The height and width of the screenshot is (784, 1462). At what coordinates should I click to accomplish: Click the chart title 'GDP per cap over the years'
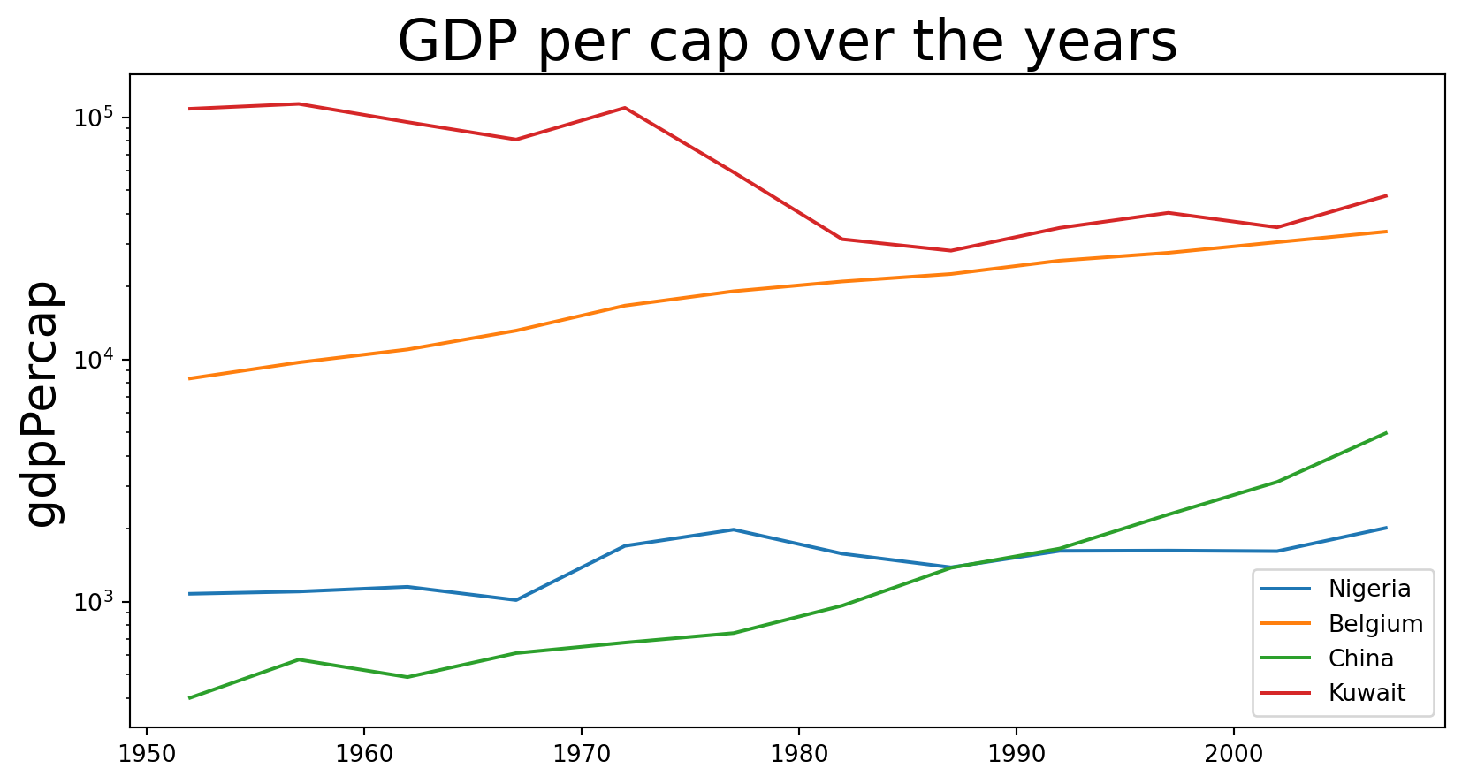point(787,41)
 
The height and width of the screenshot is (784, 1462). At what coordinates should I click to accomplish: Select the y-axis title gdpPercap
point(42,404)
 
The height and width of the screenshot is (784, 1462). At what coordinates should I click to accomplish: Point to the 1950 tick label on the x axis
point(147,757)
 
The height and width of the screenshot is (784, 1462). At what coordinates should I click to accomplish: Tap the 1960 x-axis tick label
point(364,757)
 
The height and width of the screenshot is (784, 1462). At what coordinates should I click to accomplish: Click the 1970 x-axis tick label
point(582,757)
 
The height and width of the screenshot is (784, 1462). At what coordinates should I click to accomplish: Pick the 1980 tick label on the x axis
point(799,757)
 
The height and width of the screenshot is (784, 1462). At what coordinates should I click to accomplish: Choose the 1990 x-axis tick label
point(1017,757)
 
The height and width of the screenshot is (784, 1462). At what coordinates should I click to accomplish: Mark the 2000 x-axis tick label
point(1234,757)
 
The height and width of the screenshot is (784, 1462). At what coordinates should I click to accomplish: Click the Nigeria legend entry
point(1369,589)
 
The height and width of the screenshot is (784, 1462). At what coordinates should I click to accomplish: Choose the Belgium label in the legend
point(1375,624)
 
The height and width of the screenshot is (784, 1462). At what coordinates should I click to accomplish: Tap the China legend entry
point(1360,658)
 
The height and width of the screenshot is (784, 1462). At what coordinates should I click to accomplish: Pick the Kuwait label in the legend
point(1367,693)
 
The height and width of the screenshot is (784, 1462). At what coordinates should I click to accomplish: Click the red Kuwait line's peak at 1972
point(625,108)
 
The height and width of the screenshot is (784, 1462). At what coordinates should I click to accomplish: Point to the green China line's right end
point(1386,433)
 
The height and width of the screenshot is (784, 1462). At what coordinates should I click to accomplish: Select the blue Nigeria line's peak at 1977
point(734,529)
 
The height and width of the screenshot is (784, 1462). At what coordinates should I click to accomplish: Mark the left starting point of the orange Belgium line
point(190,378)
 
